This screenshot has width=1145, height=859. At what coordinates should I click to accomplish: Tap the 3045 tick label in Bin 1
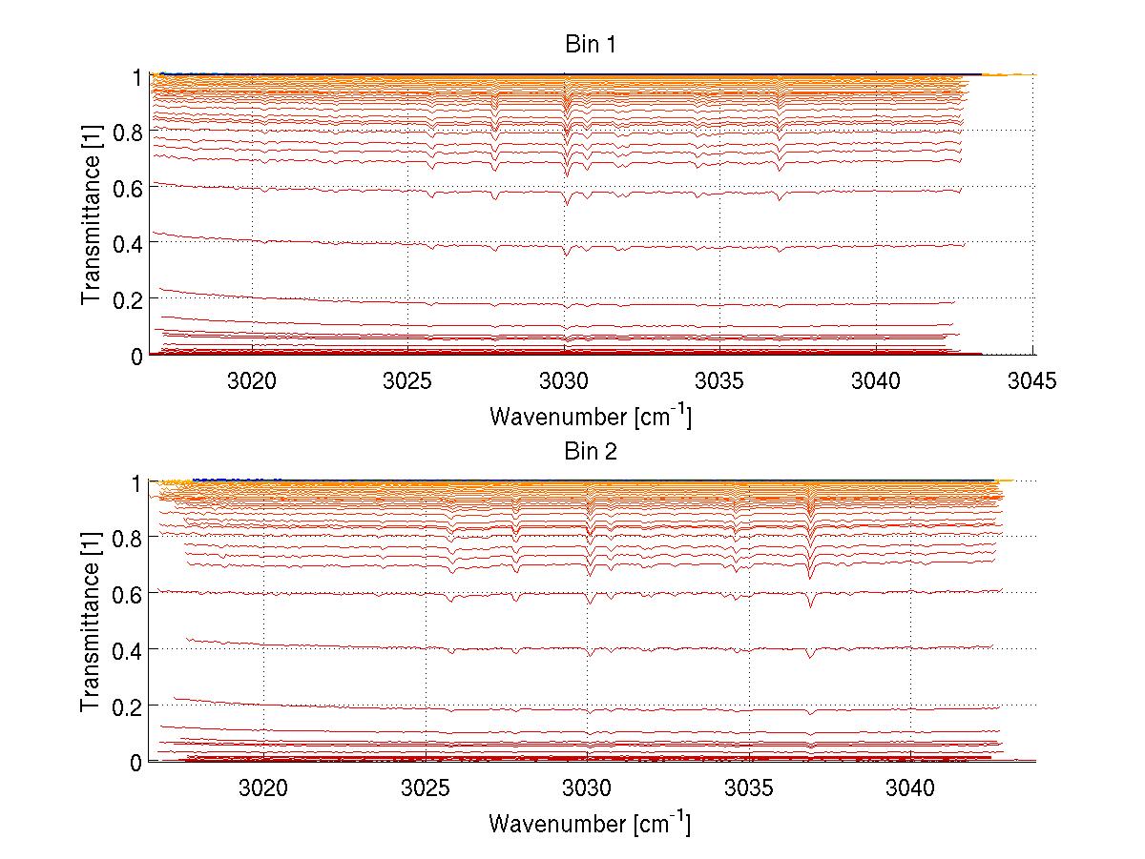pyautogui.click(x=1032, y=382)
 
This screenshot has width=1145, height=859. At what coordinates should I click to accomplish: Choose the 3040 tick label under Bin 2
pyautogui.click(x=910, y=788)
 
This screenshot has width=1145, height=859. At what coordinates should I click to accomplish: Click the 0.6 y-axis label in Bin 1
pyautogui.click(x=128, y=188)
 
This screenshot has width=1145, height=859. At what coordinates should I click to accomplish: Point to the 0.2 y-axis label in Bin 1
pyautogui.click(x=128, y=299)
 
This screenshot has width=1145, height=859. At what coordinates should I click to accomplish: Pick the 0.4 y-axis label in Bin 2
pyautogui.click(x=128, y=650)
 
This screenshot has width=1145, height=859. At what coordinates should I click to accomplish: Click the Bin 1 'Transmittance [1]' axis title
pyautogui.click(x=92, y=215)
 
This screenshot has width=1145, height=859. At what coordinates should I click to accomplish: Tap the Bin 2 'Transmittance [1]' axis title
pyautogui.click(x=92, y=622)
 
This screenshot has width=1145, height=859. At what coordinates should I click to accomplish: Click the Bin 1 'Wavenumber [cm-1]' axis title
pyautogui.click(x=590, y=416)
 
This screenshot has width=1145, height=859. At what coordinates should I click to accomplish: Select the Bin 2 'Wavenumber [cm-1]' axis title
pyautogui.click(x=590, y=822)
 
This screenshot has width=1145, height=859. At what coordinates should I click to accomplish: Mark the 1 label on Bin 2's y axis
pyautogui.click(x=137, y=482)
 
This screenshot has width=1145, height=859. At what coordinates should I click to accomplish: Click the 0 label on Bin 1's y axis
pyautogui.click(x=137, y=356)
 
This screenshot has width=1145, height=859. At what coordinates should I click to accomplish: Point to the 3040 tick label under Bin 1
pyautogui.click(x=876, y=382)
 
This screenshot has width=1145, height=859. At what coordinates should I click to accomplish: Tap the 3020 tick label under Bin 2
pyautogui.click(x=264, y=788)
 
